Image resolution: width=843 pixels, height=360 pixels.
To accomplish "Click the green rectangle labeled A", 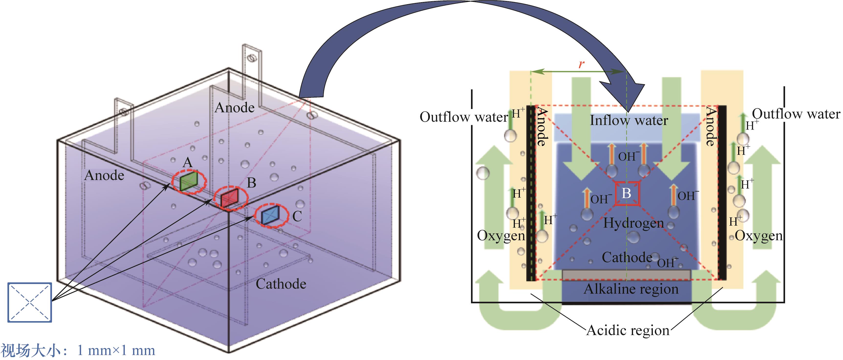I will [x=189, y=181].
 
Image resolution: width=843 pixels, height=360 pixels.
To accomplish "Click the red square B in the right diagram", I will [x=626, y=193].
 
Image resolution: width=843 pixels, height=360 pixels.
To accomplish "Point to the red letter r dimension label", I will [x=581, y=64].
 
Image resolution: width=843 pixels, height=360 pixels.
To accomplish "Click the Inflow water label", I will [x=629, y=120].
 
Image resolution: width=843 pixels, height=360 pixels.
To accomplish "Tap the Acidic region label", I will [x=628, y=330].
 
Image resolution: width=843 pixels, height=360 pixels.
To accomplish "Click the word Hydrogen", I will [x=633, y=223].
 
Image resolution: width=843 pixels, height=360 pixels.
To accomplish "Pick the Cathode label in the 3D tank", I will [x=281, y=284].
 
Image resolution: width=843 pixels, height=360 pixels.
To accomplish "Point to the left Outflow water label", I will [x=463, y=117].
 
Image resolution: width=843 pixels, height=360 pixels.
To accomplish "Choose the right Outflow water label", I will [x=796, y=114].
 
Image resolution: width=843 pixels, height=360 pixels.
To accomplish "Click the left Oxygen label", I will [x=501, y=235].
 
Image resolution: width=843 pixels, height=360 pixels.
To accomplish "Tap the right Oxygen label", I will [x=759, y=236].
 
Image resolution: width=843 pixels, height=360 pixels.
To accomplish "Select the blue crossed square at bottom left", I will [x=30, y=302].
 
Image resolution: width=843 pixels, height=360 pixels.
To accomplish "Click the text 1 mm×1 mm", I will [x=116, y=350].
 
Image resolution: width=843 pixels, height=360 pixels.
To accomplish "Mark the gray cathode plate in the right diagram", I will [x=626, y=275].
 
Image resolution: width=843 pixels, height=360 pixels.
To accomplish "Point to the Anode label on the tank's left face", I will [x=104, y=175].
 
